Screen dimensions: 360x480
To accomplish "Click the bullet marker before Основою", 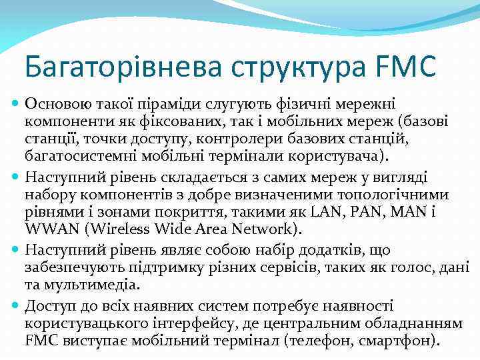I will (x=15, y=103).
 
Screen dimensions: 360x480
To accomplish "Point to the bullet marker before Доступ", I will (x=15, y=306).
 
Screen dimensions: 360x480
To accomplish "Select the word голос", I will (x=408, y=268).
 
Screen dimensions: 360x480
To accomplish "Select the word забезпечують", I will (x=74, y=268).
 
